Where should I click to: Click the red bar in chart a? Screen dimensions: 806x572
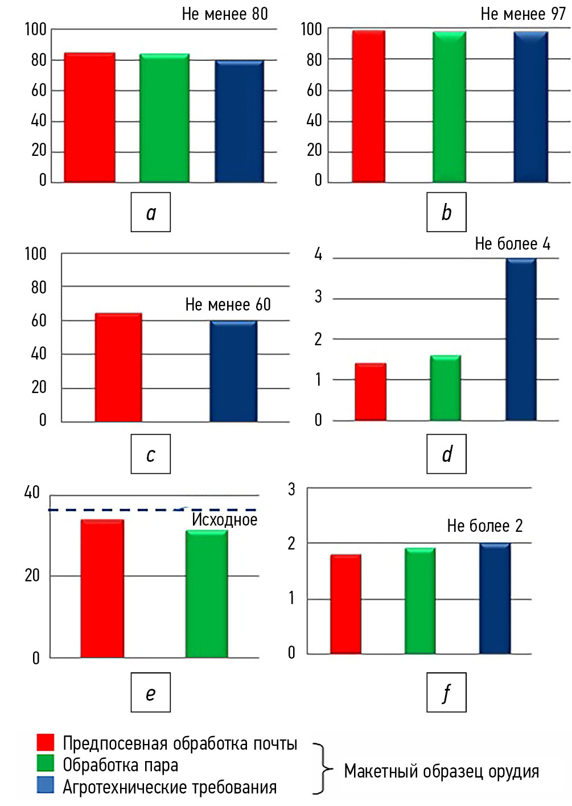pyautogui.click(x=89, y=118)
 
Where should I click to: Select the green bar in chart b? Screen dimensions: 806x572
pyautogui.click(x=449, y=107)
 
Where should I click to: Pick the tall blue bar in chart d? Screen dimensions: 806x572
pyautogui.click(x=521, y=340)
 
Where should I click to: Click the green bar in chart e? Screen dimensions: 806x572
pyautogui.click(x=207, y=594)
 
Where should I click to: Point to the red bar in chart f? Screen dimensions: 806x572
pyautogui.click(x=345, y=604)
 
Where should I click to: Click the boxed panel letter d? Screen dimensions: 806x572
pyautogui.click(x=447, y=454)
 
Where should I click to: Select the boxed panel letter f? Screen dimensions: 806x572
pyautogui.click(x=447, y=692)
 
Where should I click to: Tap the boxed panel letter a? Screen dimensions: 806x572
pyautogui.click(x=151, y=212)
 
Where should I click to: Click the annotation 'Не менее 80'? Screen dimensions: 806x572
pyautogui.click(x=225, y=14)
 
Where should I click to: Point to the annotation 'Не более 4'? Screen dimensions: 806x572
pyautogui.click(x=512, y=244)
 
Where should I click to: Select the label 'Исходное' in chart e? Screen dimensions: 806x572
pyautogui.click(x=224, y=519)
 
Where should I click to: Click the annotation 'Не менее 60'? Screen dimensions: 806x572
pyautogui.click(x=228, y=305)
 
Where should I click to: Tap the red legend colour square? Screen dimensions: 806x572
pyautogui.click(x=46, y=742)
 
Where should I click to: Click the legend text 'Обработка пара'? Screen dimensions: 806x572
pyautogui.click(x=120, y=765)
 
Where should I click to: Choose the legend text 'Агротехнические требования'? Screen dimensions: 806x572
pyautogui.click(x=170, y=787)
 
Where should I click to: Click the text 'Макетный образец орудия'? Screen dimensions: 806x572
pyautogui.click(x=441, y=771)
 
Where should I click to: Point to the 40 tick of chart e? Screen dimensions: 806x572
pyautogui.click(x=32, y=493)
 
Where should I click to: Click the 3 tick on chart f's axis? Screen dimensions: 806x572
pyautogui.click(x=291, y=489)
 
